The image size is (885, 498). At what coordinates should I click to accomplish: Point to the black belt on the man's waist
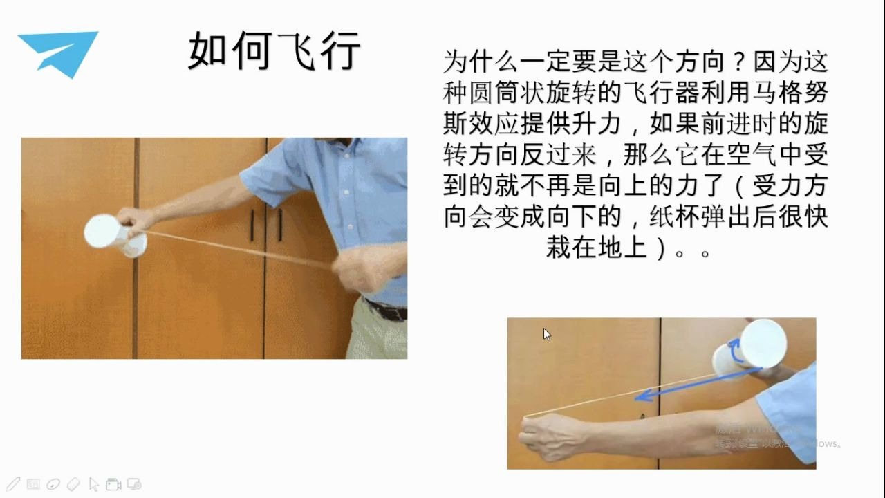point(387,310)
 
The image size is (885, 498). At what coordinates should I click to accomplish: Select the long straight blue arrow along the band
point(698,383)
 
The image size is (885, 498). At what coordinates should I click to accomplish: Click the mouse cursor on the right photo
point(547,334)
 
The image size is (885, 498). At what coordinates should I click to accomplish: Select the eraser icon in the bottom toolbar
point(73,484)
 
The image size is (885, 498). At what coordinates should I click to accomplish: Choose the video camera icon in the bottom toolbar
point(113,484)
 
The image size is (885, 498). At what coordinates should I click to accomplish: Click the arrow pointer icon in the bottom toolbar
point(94,484)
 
